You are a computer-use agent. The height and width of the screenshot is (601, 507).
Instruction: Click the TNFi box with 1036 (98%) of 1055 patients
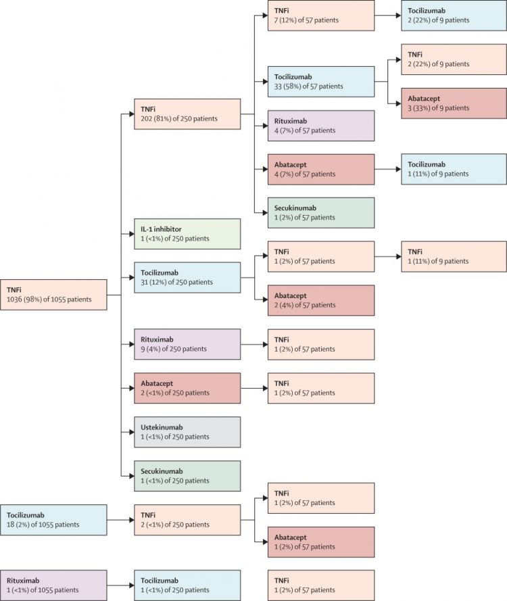tap(53, 294)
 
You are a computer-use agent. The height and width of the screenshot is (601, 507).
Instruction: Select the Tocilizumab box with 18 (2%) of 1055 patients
tap(53, 519)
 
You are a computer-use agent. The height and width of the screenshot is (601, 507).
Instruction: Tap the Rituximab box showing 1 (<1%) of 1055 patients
tap(53, 585)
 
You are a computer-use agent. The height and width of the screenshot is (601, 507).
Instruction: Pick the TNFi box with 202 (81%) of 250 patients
tap(187, 114)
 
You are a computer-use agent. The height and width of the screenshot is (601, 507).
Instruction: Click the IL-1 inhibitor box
tap(187, 233)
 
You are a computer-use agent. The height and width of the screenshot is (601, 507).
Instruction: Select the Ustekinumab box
tap(187, 432)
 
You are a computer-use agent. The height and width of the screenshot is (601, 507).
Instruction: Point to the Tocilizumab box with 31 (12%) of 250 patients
tap(187, 277)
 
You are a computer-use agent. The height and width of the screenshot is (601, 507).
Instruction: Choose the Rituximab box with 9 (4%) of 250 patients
tap(187, 344)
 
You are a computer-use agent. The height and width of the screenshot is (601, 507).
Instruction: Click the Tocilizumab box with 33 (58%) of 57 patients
tap(321, 81)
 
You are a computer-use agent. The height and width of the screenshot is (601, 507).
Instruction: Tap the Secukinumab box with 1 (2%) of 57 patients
tap(321, 212)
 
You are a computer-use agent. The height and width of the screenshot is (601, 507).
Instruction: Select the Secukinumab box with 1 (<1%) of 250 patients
tap(187, 476)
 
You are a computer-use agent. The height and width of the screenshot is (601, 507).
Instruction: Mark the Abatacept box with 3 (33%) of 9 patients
tap(454, 103)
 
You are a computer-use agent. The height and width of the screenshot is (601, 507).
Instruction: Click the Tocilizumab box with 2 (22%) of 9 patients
tap(454, 16)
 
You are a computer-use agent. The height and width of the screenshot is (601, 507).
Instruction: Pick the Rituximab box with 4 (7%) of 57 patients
tap(321, 125)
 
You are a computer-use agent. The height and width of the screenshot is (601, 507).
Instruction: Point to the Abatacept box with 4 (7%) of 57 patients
tap(321, 169)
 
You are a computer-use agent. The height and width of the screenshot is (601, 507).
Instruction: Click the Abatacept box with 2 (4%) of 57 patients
tap(321, 299)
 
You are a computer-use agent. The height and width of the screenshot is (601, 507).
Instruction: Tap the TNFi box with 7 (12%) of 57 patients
tap(321, 16)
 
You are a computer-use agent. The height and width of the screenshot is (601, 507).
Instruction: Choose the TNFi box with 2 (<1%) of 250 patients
tap(187, 519)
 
